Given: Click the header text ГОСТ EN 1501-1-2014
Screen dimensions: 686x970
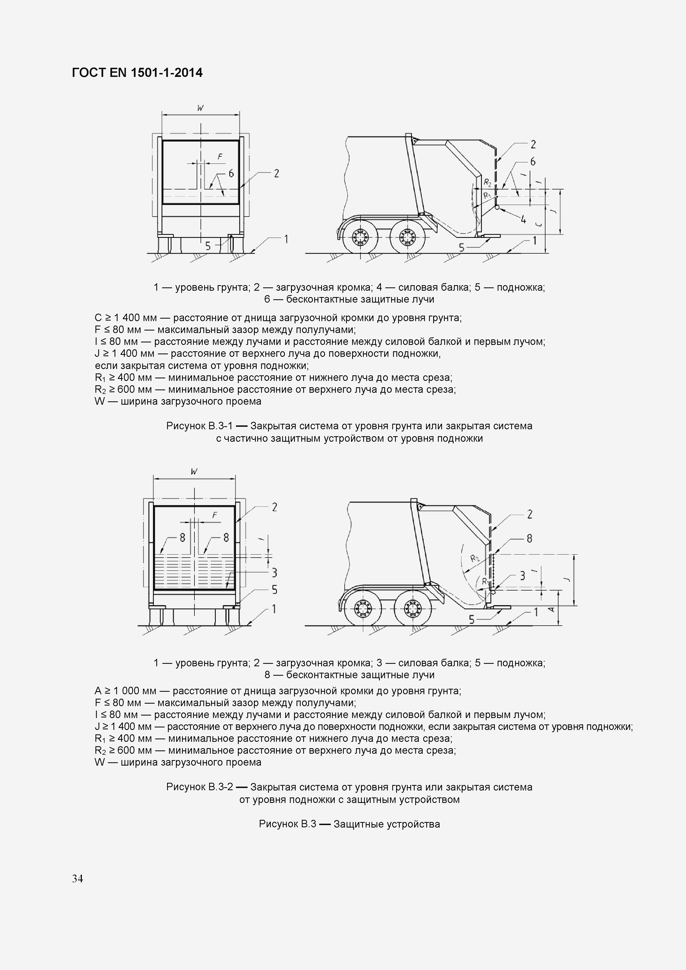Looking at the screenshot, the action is (x=137, y=73).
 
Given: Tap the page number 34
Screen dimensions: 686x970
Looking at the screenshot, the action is (x=78, y=879).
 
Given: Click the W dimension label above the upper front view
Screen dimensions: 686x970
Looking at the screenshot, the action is (x=201, y=108).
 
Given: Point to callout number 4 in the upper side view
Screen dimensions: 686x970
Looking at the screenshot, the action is (x=523, y=219).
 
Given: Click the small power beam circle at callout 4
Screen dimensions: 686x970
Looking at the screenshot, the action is (x=497, y=207).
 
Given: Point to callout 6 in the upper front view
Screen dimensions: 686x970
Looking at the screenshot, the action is (x=231, y=173).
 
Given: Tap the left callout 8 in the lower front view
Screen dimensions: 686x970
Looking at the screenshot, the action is (x=183, y=537).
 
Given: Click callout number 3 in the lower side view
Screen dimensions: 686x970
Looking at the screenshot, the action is (x=522, y=575).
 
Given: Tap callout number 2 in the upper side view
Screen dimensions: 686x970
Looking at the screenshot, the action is (x=533, y=144).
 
